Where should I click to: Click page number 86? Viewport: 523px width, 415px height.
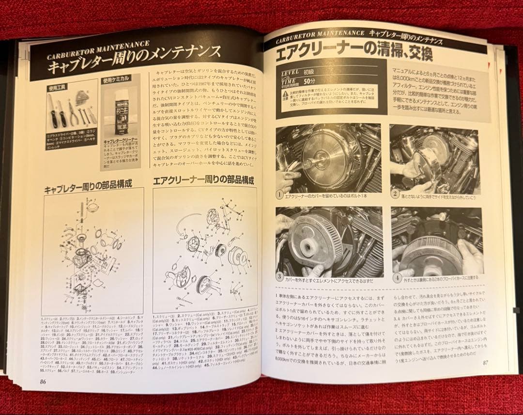pos(43,381)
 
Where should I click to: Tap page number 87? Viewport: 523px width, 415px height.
pos(485,362)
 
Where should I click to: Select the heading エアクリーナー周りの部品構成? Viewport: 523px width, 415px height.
pos(203,181)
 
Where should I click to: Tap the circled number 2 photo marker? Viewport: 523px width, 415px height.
pos(396,194)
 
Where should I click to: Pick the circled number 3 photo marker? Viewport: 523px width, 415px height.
pos(280,277)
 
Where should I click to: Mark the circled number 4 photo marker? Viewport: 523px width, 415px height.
pos(397,278)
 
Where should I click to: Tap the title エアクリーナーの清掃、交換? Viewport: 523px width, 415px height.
pos(358,52)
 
